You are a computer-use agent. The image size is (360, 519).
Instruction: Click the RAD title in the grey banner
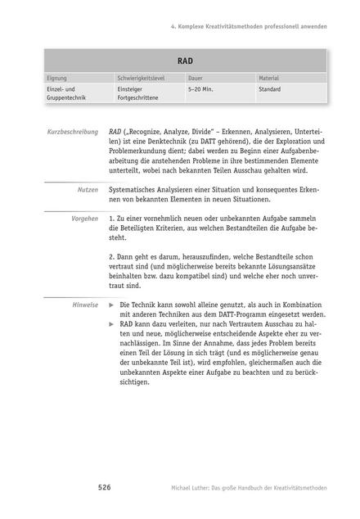point(185,61)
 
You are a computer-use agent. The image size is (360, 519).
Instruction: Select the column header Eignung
point(57,78)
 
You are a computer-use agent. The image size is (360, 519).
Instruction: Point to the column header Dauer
point(197,78)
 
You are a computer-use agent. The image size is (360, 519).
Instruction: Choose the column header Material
point(269,78)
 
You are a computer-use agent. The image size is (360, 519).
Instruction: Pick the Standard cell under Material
point(270,89)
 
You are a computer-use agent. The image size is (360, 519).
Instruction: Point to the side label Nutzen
point(88,188)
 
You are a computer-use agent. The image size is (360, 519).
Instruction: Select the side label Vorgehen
point(84,219)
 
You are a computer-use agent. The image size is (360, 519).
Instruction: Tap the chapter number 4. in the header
point(174,26)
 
